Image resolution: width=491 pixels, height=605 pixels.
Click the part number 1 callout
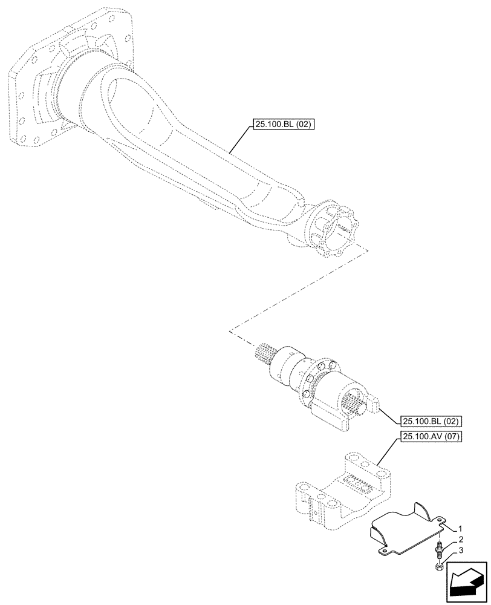coord(460,528)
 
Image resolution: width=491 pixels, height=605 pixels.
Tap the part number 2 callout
coord(460,539)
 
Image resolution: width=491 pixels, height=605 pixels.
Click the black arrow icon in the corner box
coord(465,584)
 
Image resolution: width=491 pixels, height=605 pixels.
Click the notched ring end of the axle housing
coord(331,230)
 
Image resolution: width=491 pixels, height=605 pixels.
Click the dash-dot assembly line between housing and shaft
coord(296,290)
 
